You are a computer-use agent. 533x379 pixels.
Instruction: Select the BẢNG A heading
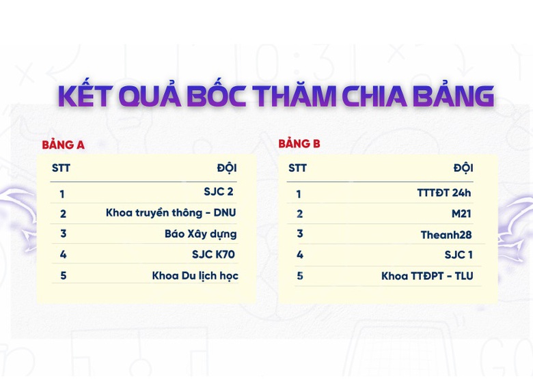[63, 145]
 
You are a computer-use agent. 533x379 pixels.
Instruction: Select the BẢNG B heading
[299, 144]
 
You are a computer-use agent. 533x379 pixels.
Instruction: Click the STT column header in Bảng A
[61, 168]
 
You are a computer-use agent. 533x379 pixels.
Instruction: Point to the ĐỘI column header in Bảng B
[463, 168]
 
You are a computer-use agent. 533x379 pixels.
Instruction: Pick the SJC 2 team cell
[219, 192]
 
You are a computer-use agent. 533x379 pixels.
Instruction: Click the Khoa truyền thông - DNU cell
[171, 213]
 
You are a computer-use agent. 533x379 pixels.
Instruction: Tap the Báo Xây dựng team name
[201, 234]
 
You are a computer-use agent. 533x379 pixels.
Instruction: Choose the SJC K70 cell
[213, 255]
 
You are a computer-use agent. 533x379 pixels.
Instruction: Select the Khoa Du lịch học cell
[195, 276]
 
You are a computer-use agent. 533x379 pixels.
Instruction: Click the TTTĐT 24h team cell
[444, 193]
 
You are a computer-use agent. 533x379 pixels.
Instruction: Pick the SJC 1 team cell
[459, 255]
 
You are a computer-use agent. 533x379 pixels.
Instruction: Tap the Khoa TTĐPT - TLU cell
[427, 276]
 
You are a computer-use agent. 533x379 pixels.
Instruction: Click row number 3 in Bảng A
[63, 234]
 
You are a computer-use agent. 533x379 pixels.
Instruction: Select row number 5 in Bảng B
[299, 276]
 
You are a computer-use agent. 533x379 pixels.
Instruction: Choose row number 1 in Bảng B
[299, 194]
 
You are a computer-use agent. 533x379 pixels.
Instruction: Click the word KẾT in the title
[86, 96]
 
